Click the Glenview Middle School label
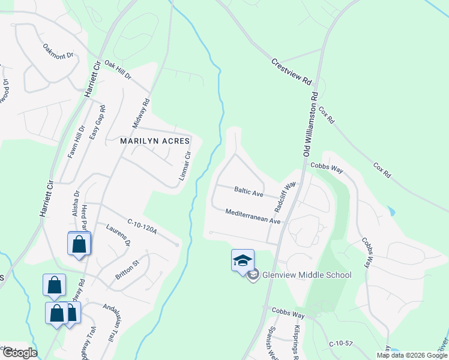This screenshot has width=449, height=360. (x=306, y=275)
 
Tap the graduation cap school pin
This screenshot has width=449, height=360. (x=243, y=261)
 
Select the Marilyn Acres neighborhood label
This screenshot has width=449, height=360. (x=155, y=141)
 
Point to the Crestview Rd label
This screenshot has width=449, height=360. (x=292, y=71)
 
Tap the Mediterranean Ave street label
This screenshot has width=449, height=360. (x=253, y=216)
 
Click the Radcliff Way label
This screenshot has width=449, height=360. (x=286, y=196)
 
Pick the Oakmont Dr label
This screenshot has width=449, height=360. (x=58, y=51)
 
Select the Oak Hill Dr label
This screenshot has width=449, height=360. (x=117, y=70)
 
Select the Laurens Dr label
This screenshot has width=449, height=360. (x=118, y=235)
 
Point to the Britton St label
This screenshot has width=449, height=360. (x=127, y=269)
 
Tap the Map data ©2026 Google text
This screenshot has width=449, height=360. (x=411, y=355)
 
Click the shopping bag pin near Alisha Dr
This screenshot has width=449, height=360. (x=79, y=244)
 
